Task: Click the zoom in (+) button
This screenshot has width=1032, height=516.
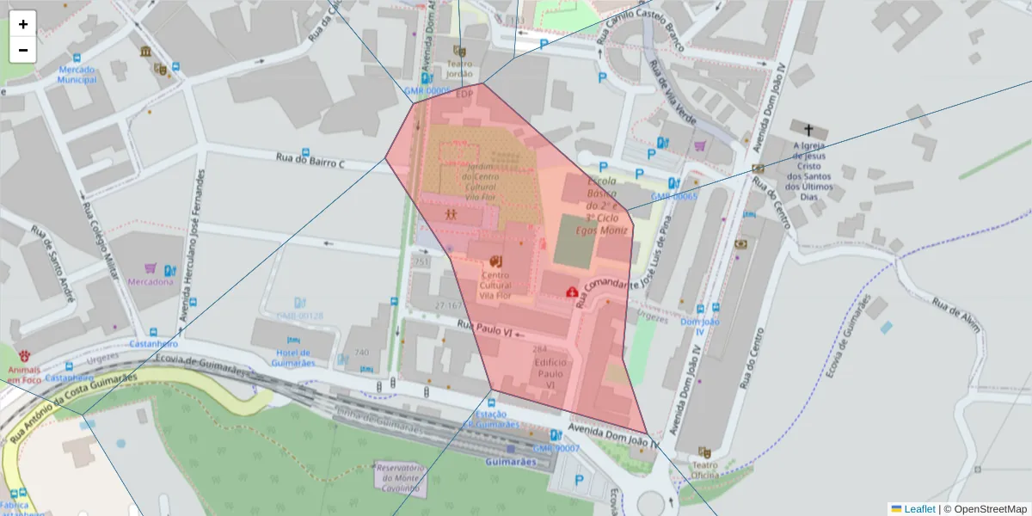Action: click(23, 24)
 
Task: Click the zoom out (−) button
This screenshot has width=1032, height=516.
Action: click(23, 50)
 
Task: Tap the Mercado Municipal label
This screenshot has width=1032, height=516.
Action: click(77, 75)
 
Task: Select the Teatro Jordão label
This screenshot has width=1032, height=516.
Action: click(459, 69)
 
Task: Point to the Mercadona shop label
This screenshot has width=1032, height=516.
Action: click(150, 281)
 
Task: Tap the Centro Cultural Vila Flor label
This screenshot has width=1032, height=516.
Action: click(494, 285)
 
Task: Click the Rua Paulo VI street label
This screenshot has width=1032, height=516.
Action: click(484, 328)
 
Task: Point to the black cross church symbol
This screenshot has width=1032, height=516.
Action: click(809, 129)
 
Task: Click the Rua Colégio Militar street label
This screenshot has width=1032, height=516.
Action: click(100, 245)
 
